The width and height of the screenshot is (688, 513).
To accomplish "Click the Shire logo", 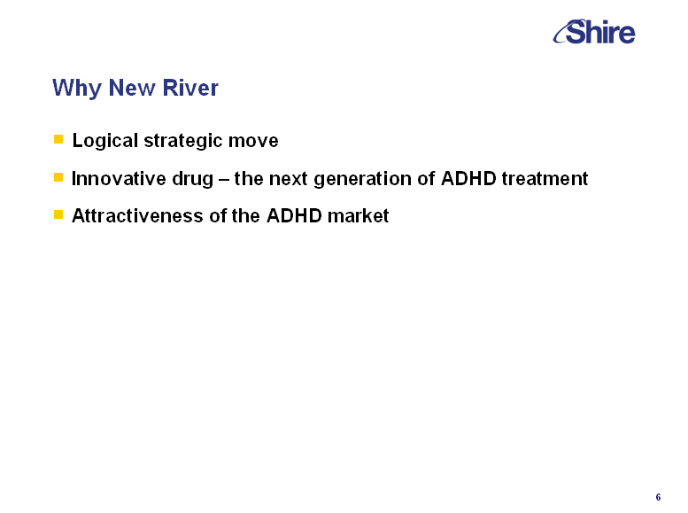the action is [593, 32].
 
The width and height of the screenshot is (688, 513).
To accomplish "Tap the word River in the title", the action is [190, 88].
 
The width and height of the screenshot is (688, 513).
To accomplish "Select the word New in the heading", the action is [132, 88].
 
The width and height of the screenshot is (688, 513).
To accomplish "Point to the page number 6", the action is [658, 497].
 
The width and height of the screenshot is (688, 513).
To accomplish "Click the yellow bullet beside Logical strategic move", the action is [58, 139].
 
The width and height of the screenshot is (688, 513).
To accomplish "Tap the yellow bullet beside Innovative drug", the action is [58, 177].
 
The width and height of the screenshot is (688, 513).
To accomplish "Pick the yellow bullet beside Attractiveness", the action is [58, 214].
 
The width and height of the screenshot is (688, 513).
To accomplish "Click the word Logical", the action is [105, 141].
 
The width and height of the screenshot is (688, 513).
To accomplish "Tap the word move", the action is [253, 141].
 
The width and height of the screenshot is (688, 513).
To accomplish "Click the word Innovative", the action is [119, 178].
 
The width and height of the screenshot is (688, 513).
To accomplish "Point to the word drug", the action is [193, 179].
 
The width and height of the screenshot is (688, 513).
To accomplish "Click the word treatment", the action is [545, 179].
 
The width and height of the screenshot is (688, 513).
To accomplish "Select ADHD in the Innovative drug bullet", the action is [468, 178].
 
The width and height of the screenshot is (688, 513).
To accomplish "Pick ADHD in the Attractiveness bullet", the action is [294, 215].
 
